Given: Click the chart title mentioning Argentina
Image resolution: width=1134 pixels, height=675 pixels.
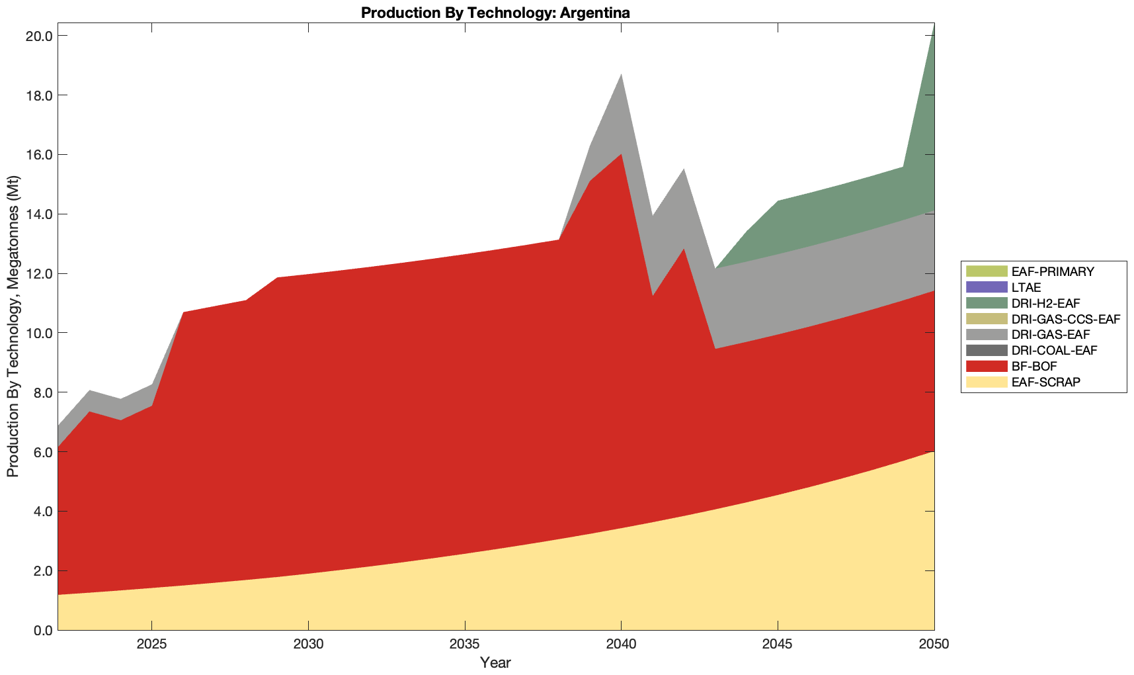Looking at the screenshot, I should point(495,13).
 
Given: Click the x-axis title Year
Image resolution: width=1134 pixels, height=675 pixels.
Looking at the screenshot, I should point(495,662).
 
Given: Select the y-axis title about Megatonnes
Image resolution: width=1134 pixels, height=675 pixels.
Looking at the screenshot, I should point(13,326).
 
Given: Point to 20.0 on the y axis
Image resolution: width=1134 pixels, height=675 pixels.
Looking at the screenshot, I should point(38,36).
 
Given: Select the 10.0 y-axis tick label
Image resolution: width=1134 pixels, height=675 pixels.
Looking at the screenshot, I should point(38,333).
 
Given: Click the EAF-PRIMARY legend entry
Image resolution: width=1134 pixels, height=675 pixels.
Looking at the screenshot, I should point(1052,271).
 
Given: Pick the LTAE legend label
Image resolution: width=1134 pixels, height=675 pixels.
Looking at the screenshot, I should point(1026,287).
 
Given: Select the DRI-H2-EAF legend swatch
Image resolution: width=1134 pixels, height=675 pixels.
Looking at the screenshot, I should point(986,303).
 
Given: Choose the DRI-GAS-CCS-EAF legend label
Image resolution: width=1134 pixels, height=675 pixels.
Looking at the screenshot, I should point(1065,319).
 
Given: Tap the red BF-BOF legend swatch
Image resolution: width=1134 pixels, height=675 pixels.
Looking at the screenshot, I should point(986,366).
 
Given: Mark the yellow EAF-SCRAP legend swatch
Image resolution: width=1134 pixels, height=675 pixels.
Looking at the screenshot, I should point(986,382).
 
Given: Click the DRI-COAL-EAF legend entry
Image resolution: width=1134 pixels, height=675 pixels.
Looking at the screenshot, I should point(1054,350).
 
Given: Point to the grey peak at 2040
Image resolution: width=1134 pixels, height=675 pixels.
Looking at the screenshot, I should point(621,76).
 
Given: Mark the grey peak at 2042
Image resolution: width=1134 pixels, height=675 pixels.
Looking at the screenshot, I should point(684,171).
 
